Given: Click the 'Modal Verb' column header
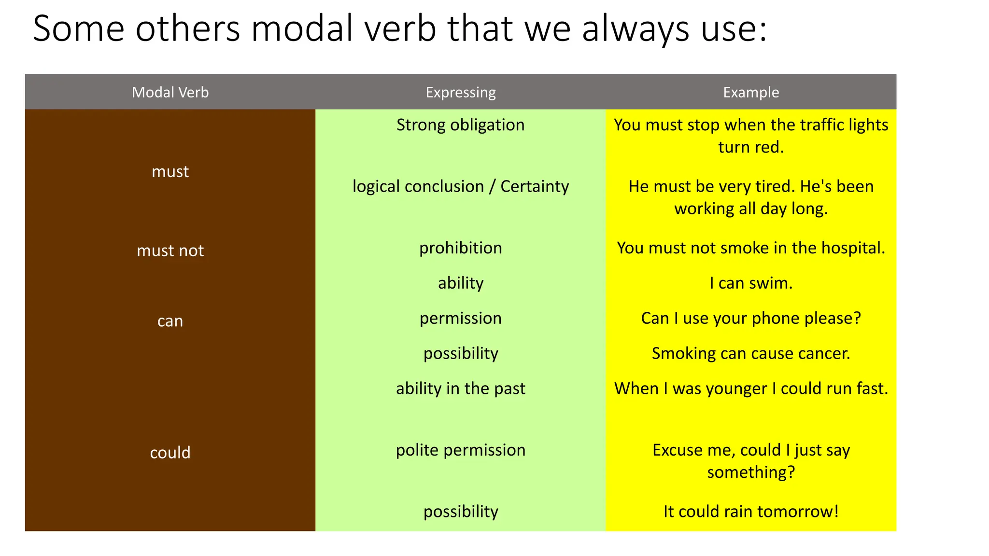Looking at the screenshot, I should (170, 92).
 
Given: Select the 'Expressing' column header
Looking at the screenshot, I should (461, 92).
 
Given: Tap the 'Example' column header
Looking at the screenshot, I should (751, 92).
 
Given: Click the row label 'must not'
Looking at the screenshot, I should (170, 250).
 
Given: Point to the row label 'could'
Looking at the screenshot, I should (170, 453).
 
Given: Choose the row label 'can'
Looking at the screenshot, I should (170, 321).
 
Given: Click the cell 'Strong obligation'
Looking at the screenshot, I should (461, 125).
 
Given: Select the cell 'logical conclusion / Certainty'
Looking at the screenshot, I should (461, 186).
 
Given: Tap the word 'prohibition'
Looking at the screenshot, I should (461, 248).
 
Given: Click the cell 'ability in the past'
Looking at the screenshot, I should (461, 389).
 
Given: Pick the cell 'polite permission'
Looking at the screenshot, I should (461, 450).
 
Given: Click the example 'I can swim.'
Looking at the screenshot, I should (751, 283).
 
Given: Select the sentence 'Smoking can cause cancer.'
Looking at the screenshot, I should (751, 353).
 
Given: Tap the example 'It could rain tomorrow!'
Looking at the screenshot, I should (751, 512).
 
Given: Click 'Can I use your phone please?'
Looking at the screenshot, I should (751, 319).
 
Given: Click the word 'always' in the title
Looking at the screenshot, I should (636, 29).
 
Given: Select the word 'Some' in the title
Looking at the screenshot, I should (78, 29).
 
